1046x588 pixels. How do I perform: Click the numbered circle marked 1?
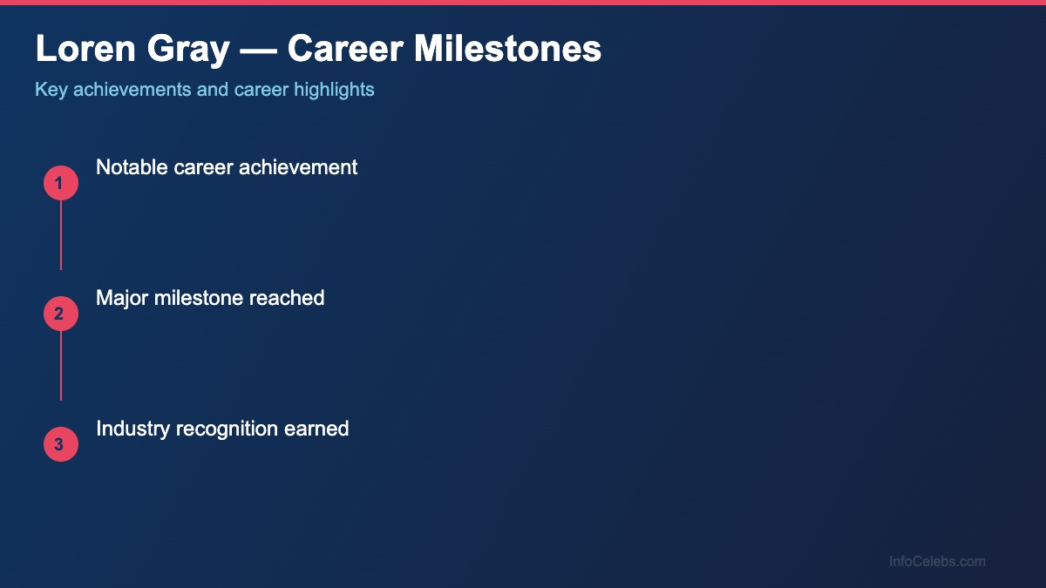point(61,183)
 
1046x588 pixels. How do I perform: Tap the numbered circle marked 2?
point(61,314)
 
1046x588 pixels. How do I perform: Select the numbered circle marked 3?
point(61,444)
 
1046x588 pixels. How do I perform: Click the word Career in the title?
point(345,50)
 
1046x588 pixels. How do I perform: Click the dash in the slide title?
point(258,50)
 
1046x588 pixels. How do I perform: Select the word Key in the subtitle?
point(51,90)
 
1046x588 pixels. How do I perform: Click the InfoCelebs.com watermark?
point(937,562)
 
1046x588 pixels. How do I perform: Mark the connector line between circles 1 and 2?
point(61,235)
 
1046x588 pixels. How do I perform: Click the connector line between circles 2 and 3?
point(61,366)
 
